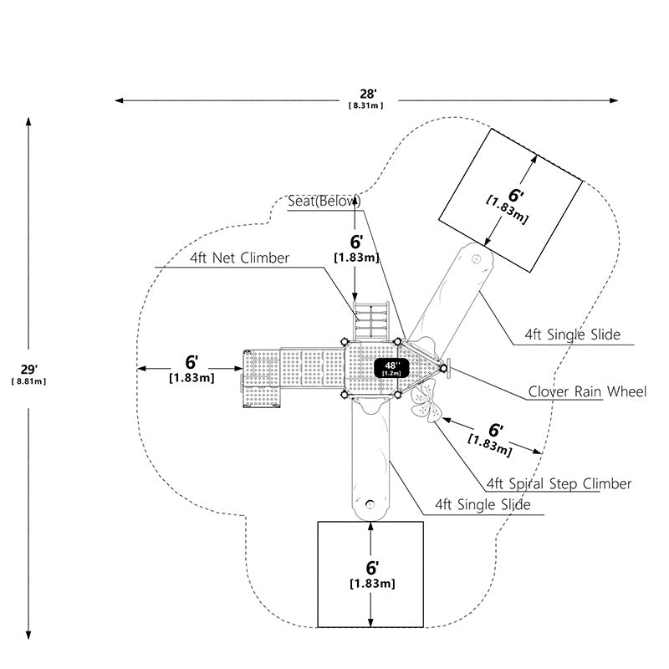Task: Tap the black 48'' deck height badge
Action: click(391, 368)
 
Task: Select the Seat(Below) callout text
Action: click(324, 201)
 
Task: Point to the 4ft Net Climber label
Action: click(239, 258)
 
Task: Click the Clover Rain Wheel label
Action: click(587, 391)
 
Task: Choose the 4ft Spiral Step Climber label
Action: click(559, 483)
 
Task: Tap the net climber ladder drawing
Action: click(370, 321)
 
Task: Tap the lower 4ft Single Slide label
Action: click(483, 505)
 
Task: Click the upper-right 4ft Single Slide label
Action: click(573, 334)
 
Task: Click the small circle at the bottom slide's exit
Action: click(370, 504)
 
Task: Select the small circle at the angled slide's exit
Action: click(476, 258)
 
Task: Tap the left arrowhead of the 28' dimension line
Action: click(119, 100)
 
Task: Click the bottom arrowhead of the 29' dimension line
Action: click(28, 636)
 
